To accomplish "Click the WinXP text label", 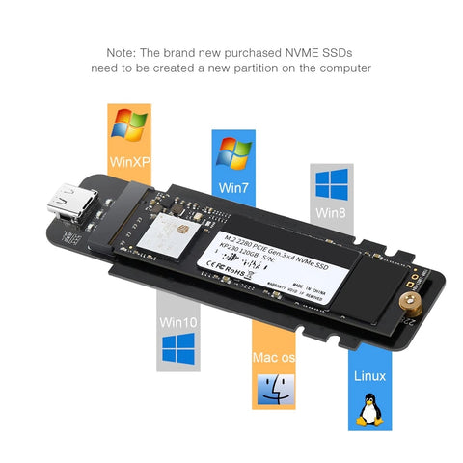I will coord(130,158).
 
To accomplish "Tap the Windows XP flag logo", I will coord(130,123).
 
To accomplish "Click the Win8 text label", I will coord(332,211).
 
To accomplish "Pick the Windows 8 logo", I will coord(332,183).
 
